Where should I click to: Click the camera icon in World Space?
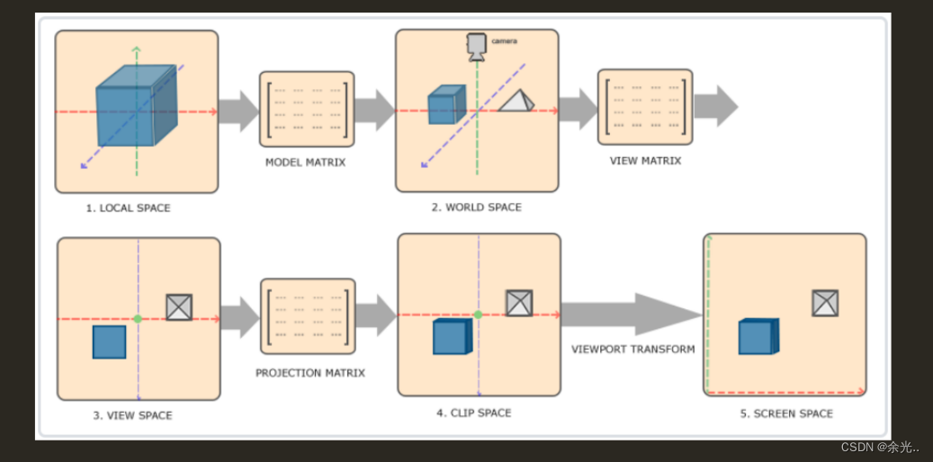pos(476,47)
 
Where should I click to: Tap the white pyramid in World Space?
pos(516,101)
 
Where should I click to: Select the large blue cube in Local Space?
pos(137,105)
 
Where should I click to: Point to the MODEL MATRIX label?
pos(305,163)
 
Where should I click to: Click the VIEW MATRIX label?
pos(646,161)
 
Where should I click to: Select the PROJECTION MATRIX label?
pos(310,373)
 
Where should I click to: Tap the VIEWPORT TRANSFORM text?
pos(633,349)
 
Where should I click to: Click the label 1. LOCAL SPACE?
pos(128,209)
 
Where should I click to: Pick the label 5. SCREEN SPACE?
pos(786,413)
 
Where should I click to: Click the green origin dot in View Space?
pos(138,319)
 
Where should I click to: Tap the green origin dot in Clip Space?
pos(478,315)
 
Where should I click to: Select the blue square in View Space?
pos(110,342)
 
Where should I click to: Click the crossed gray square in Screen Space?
pos(825,303)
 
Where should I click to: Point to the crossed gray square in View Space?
pos(179,307)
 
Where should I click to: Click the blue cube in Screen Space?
pos(758,336)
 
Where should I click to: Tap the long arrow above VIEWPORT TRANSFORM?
pos(632,315)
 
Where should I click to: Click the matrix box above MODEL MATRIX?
pos(307,109)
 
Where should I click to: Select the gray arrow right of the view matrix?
pos(716,106)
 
